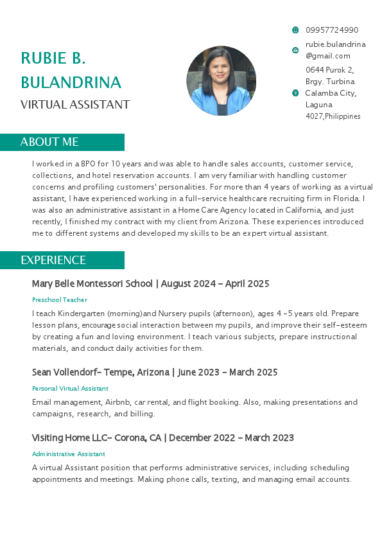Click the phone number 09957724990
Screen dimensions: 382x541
pos(332,30)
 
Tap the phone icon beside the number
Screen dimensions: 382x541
pos(295,30)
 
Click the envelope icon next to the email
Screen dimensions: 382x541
pos(295,50)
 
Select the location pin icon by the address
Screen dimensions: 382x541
pos(295,93)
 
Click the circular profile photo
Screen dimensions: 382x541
pos(221,81)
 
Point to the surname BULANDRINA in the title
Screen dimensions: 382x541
pos(71,82)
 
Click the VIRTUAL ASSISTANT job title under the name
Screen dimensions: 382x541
pos(75,105)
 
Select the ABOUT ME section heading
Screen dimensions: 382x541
pos(49,142)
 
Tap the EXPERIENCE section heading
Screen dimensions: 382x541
pos(53,260)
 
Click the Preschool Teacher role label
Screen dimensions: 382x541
pos(60,300)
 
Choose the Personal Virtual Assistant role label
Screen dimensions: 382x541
pos(70,389)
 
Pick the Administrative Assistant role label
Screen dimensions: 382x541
pos(68,454)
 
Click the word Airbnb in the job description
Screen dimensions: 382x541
pos(119,402)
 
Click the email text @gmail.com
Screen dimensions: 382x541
pos(328,56)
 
